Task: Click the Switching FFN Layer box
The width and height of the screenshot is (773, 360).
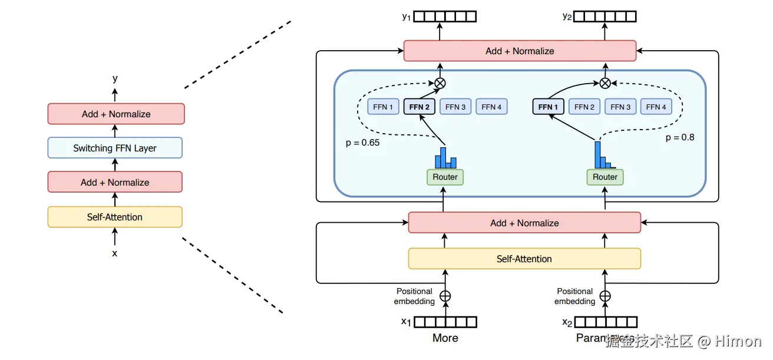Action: coord(115,148)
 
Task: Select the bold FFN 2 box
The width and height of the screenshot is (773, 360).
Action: coord(419,107)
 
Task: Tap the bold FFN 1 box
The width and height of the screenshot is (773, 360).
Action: coord(548,107)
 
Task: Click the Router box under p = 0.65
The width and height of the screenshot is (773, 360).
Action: coord(445,177)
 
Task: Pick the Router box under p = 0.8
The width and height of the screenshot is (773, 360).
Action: coord(605,177)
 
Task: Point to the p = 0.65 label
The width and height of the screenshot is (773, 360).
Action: coord(362,143)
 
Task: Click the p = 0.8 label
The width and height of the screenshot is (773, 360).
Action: coord(680,137)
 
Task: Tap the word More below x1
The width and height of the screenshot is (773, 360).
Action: coord(445,338)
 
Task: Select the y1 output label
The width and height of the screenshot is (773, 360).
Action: coord(407,16)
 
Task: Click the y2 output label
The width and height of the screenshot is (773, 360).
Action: coord(567,16)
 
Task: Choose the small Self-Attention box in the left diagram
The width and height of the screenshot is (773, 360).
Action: coord(115,217)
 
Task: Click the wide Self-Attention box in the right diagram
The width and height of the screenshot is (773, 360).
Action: coord(524,259)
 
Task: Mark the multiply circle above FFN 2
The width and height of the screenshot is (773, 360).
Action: coord(440,84)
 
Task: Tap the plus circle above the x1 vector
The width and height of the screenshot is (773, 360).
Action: coord(445,296)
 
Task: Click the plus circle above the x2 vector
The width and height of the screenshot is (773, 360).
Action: coord(605,296)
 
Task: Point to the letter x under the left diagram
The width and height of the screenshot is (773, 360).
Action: coord(115,253)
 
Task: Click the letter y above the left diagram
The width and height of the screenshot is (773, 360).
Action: coord(115,78)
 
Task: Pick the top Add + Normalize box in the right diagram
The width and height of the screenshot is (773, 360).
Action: coord(520,51)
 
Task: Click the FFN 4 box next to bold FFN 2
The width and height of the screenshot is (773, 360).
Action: coord(491,107)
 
